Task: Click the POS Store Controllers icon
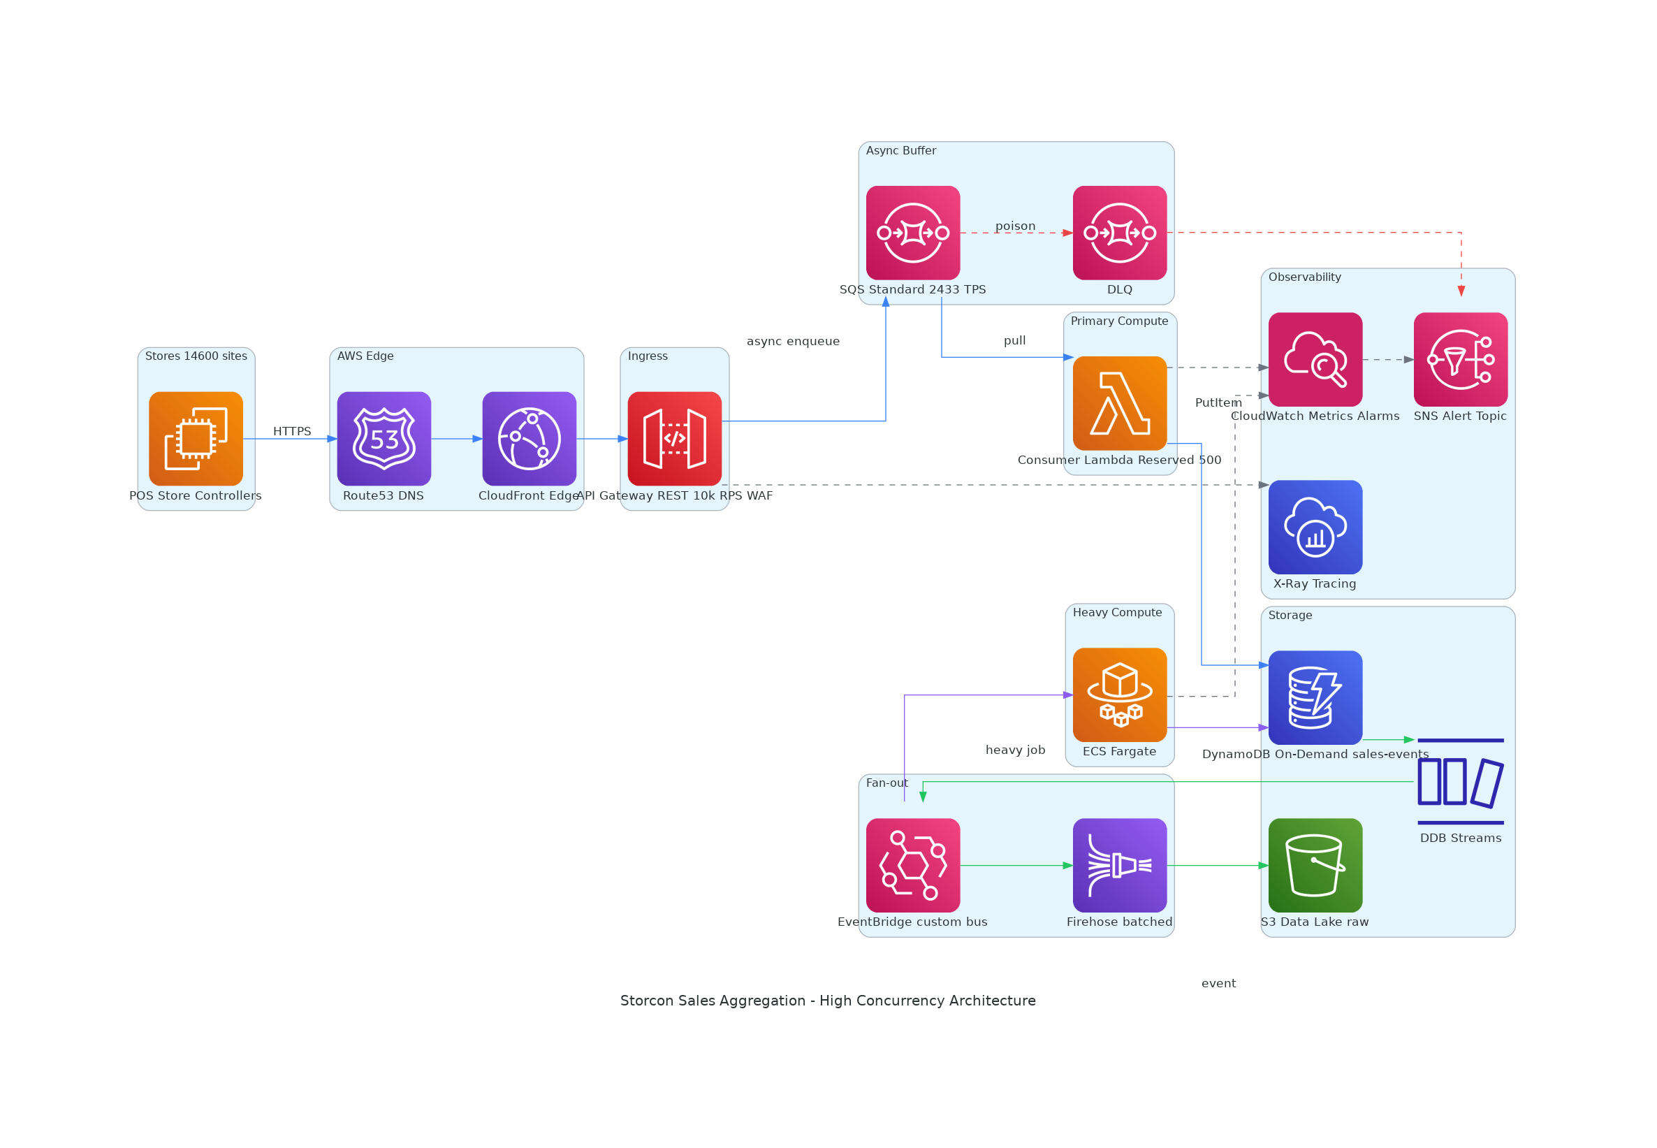(196, 439)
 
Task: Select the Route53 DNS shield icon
(384, 439)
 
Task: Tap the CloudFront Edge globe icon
(530, 439)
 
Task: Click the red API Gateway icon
(675, 439)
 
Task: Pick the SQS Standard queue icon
(912, 233)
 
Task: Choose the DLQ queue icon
(1120, 233)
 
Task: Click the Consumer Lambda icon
(1120, 404)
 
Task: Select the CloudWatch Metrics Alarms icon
(1315, 360)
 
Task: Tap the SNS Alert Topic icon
(1461, 360)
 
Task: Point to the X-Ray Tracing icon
(1315, 528)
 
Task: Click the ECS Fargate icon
(1120, 695)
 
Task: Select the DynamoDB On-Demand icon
(1315, 698)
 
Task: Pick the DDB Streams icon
(1461, 782)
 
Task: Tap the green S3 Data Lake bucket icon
(1315, 865)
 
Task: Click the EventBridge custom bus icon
(912, 865)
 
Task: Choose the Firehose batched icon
(1120, 865)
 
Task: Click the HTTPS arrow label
(292, 432)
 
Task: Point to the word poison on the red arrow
(1016, 226)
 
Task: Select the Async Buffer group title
(900, 150)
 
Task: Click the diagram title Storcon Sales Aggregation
(828, 1001)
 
